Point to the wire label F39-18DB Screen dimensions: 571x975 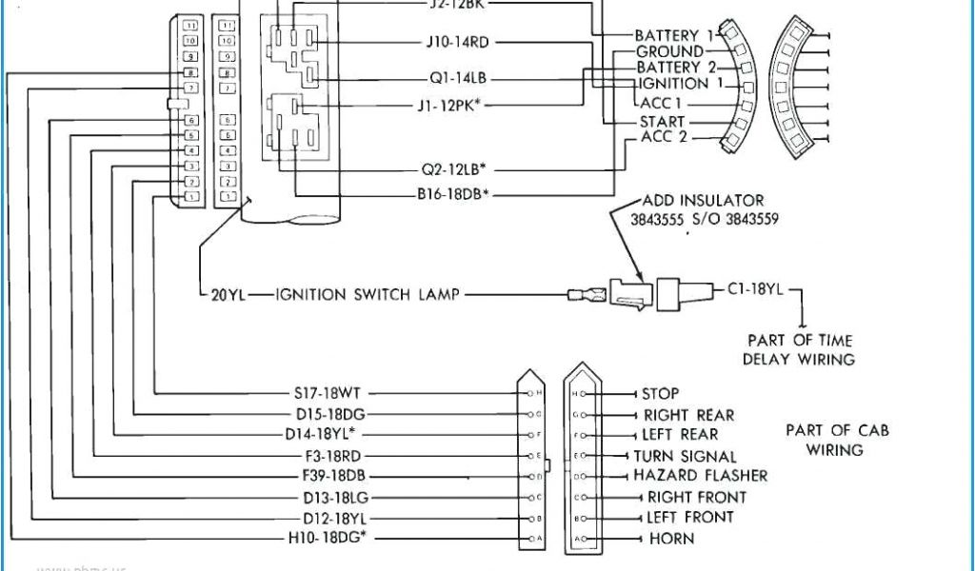point(333,476)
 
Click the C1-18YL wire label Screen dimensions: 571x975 point(755,289)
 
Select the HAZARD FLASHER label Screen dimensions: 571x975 point(700,476)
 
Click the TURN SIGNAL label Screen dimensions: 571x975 point(686,457)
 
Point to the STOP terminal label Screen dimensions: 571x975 point(660,393)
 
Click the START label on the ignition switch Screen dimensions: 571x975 point(663,121)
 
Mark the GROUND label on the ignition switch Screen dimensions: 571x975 point(669,51)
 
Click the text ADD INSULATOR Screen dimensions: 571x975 point(703,201)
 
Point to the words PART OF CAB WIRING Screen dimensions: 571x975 point(837,440)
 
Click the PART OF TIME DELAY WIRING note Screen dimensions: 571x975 point(799,349)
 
